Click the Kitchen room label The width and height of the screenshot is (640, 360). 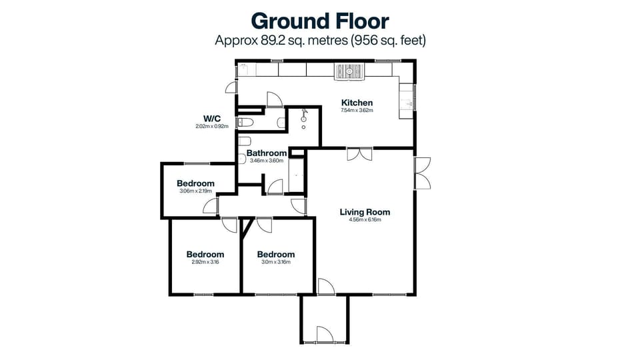pos(357,103)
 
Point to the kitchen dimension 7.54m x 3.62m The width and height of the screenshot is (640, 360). pos(357,111)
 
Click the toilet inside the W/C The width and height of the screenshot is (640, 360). pos(245,122)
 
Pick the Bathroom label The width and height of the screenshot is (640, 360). pos(266,153)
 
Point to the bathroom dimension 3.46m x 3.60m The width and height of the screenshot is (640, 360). pos(266,161)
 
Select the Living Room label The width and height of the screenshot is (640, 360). pos(365,213)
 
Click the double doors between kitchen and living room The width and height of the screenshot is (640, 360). pos(359,154)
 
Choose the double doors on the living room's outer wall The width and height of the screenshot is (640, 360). pos(421,173)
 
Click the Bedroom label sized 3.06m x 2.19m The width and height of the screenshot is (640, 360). pos(195,183)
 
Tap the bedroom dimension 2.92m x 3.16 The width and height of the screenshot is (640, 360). pos(205,262)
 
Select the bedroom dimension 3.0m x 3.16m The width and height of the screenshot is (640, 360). pos(275,262)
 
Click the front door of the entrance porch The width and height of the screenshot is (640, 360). pos(324,335)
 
